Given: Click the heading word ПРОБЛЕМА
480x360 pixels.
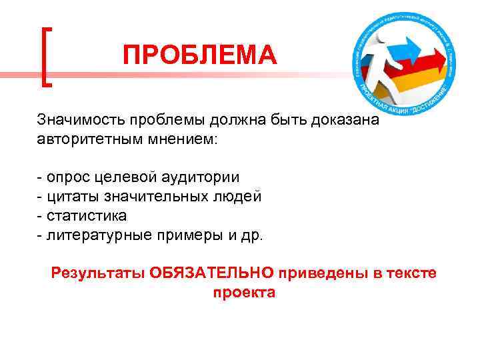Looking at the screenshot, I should [199, 55].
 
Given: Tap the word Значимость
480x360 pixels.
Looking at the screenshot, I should [79, 120].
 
